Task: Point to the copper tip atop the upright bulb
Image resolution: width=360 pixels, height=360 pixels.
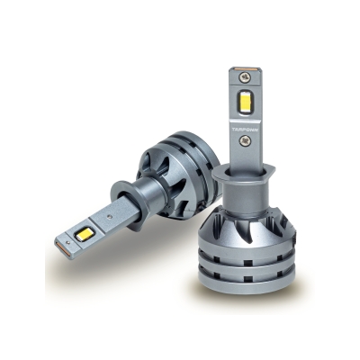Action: [244, 69]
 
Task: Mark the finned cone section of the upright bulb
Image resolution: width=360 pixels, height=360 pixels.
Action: [246, 220]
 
